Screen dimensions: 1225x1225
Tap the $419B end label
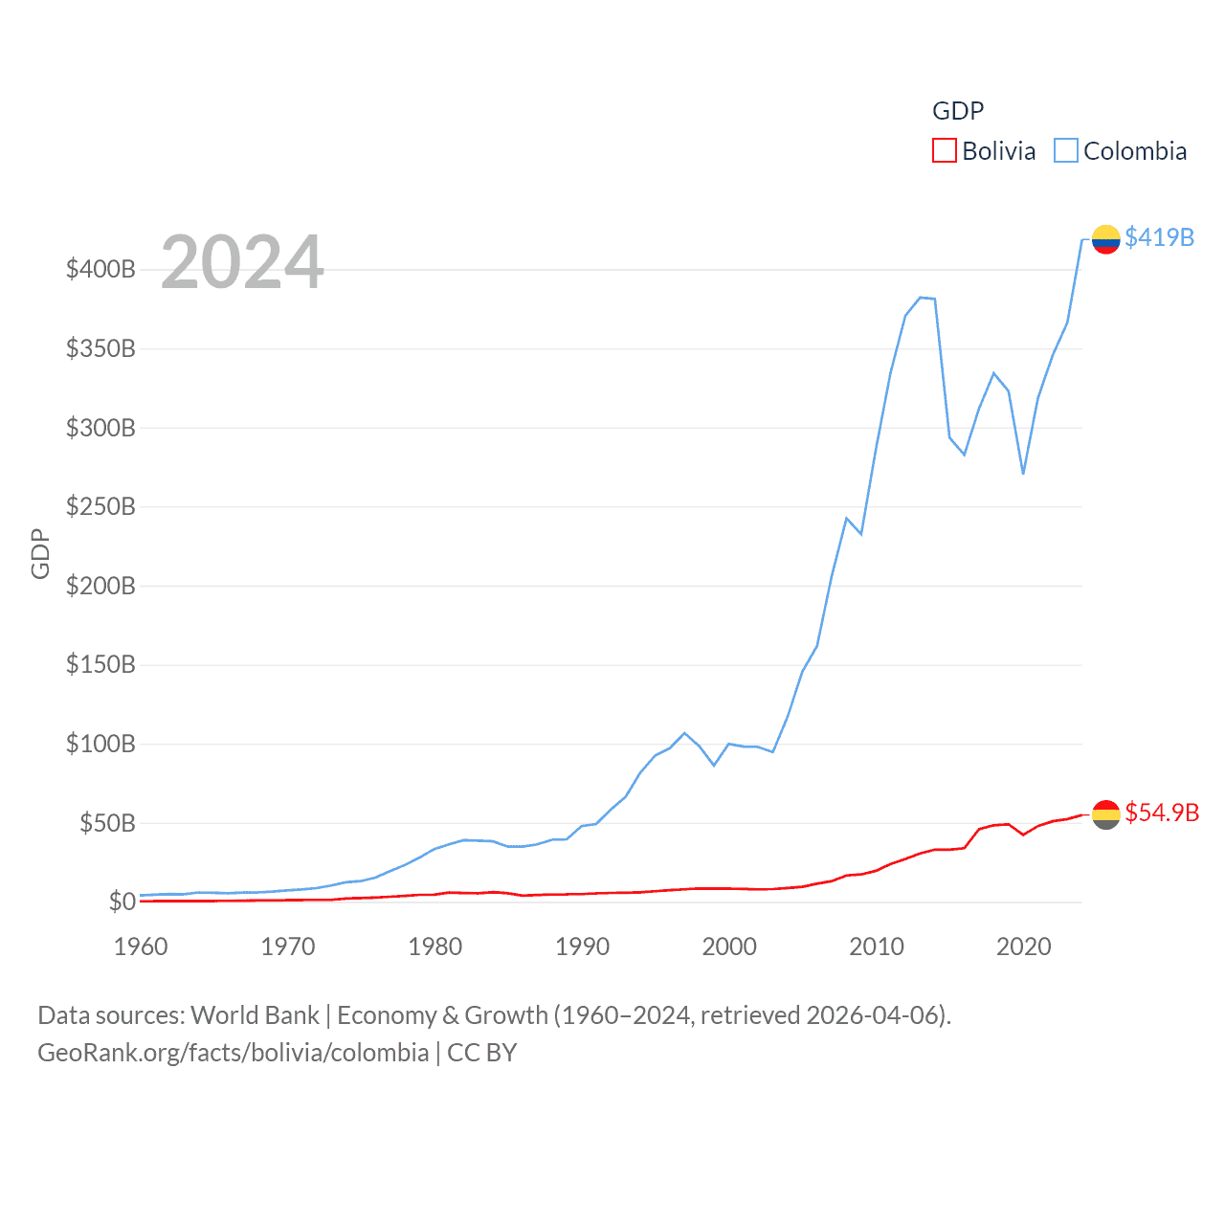pos(1159,237)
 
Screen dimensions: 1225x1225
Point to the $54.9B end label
pos(1162,813)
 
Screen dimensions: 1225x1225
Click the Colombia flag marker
pos(1105,239)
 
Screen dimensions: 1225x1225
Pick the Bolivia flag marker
pos(1105,814)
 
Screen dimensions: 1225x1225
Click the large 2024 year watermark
pos(242,262)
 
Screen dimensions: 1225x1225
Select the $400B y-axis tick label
pos(100,269)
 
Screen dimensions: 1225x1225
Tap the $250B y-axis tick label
pos(100,506)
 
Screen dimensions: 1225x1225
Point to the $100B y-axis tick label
pos(100,744)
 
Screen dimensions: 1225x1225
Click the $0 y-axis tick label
pos(122,902)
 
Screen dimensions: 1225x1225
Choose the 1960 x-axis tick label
pos(141,947)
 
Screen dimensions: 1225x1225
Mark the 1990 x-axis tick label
pos(582,947)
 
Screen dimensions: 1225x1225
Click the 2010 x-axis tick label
pos(877,947)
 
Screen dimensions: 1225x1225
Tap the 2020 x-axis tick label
pos(1024,947)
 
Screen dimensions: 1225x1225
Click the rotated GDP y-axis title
pos(40,553)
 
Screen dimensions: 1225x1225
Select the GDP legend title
pos(958,111)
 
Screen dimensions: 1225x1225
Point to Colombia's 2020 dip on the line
pos(1023,473)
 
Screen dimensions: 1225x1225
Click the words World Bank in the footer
pos(256,1014)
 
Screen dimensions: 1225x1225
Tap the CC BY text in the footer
pos(482,1053)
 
